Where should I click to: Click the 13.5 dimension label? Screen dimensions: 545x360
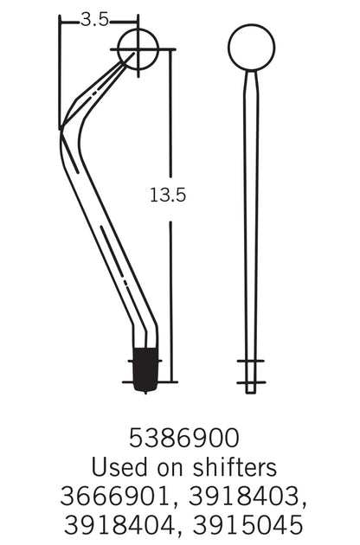coord(168,196)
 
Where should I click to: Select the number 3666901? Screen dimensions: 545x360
coord(119,497)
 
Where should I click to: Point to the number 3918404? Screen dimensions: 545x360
coord(119,525)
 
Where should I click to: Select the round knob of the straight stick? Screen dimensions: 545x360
coord(251,48)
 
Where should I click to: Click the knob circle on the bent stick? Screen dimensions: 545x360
coord(138,48)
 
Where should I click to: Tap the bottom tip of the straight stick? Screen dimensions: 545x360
coord(251,389)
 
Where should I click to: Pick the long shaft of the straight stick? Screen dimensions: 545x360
coord(251,216)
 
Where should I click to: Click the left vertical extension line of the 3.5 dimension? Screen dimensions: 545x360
coord(60,69)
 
